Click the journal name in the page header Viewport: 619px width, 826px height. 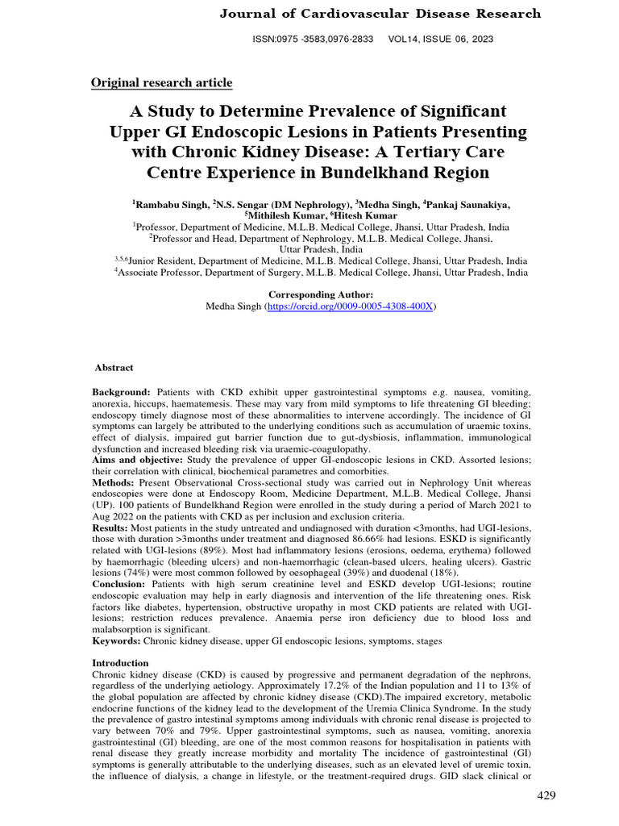tap(380, 14)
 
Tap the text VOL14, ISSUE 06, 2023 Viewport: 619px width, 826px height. tap(441, 39)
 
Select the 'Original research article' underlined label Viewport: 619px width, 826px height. tap(161, 82)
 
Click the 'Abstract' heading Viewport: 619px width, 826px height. tap(114, 367)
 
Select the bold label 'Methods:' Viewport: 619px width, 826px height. tap(114, 482)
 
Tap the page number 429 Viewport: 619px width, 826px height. tap(546, 796)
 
